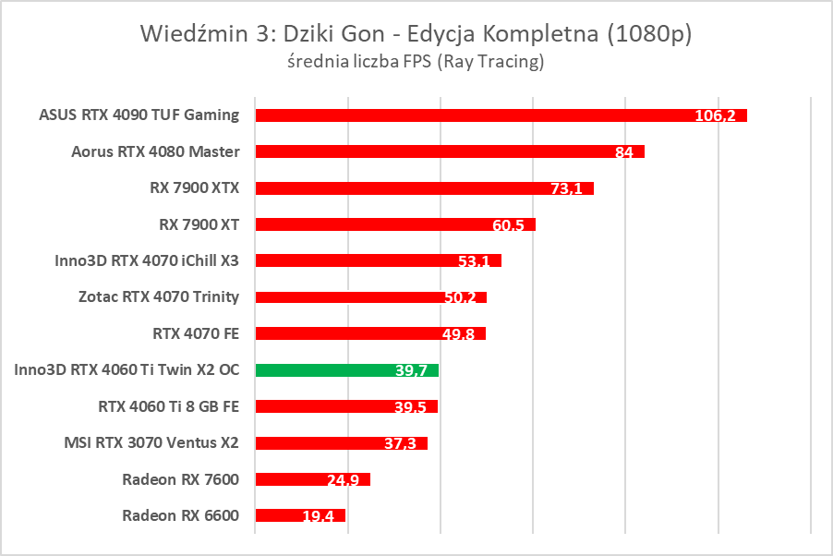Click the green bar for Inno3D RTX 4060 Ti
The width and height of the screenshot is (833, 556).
click(346, 370)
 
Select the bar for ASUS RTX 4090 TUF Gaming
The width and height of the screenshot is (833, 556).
click(501, 115)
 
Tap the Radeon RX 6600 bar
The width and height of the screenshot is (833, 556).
click(300, 515)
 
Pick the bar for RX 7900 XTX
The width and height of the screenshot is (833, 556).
click(424, 188)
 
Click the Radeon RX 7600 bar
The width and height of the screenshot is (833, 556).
click(312, 479)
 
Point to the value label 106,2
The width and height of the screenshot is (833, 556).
click(715, 116)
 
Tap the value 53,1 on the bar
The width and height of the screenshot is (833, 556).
click(474, 261)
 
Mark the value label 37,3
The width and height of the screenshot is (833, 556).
click(400, 443)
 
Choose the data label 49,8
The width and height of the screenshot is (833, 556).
click(458, 334)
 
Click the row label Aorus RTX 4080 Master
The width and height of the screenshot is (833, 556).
click(155, 151)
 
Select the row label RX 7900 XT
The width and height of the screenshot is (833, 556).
click(199, 224)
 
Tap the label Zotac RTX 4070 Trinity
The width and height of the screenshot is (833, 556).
click(159, 297)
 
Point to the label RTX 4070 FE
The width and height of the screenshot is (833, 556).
click(196, 333)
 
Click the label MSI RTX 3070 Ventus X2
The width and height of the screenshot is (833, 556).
click(154, 442)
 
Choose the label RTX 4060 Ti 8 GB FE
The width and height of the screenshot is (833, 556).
click(168, 406)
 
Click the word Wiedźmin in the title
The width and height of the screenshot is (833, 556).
click(194, 34)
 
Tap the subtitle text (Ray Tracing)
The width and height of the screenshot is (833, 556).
click(490, 62)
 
